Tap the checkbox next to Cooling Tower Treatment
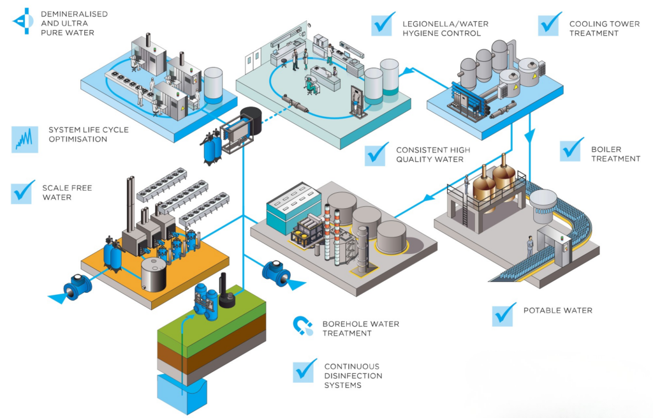tap(549, 24)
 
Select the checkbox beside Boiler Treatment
tap(571, 149)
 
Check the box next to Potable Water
tap(504, 313)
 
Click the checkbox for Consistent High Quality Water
tap(376, 154)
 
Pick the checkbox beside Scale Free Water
tap(24, 192)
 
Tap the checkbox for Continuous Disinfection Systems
tap(304, 371)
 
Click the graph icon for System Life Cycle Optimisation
tap(24, 138)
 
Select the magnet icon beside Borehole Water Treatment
tap(302, 326)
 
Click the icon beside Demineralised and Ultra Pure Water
tap(23, 20)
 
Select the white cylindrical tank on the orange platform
tap(154, 272)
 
